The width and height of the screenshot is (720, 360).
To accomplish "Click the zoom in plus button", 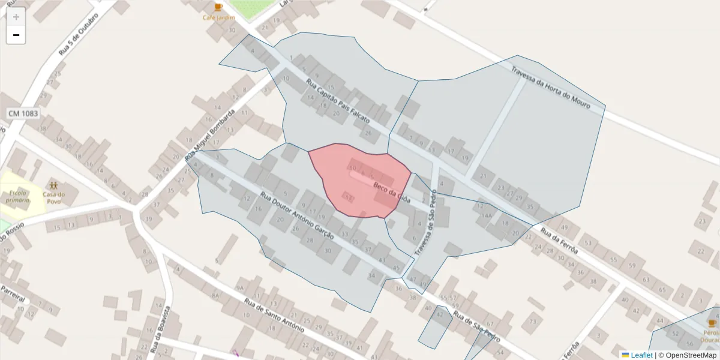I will point(16,17).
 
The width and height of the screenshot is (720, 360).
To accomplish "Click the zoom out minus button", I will point(16,35).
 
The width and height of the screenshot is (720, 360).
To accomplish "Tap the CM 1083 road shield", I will point(23,113).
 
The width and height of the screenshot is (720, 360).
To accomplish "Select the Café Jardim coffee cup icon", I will point(218,7).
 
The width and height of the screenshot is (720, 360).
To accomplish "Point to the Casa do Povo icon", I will point(54,185).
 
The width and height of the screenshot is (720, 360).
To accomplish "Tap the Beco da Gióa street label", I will point(391,193).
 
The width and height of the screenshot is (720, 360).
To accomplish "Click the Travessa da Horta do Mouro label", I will point(550,88).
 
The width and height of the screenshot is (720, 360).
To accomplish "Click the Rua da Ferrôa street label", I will point(560,240).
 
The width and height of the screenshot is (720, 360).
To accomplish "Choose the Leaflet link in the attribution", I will point(641,355).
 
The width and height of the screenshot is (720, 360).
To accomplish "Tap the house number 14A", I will point(487,215).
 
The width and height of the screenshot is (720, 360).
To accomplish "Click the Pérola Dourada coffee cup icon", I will point(712,323).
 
